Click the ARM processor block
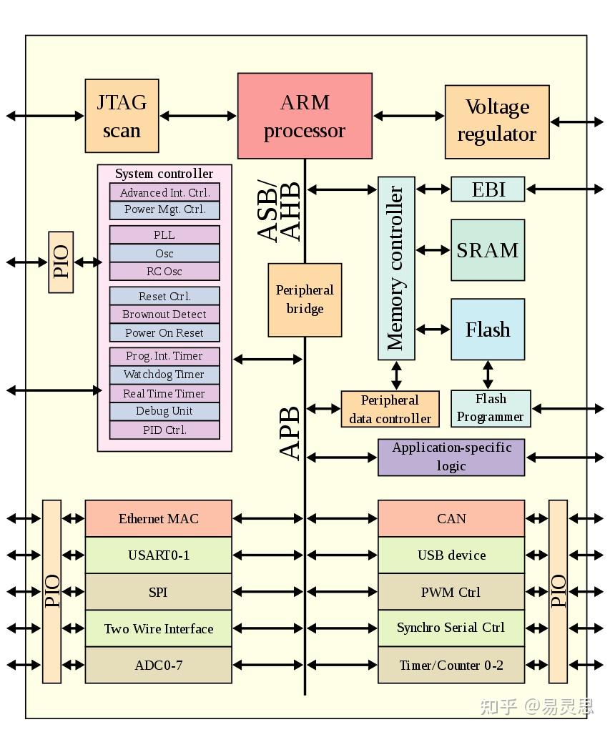point(305,116)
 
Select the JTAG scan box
point(122,116)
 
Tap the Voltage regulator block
point(497,122)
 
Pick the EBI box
point(488,189)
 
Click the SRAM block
point(488,250)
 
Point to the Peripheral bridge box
point(305,300)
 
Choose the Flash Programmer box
point(491,408)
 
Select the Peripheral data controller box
point(390,410)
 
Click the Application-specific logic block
point(451,457)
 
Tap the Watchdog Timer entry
point(164,375)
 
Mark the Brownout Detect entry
point(164,315)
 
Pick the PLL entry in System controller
point(164,235)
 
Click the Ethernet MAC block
point(158,519)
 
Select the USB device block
point(451,555)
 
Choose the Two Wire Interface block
point(158,629)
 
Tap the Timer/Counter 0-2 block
point(451,666)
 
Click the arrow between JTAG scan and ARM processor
point(198,115)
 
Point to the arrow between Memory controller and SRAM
point(433,250)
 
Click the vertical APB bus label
point(290,433)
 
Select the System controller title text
point(164,174)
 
